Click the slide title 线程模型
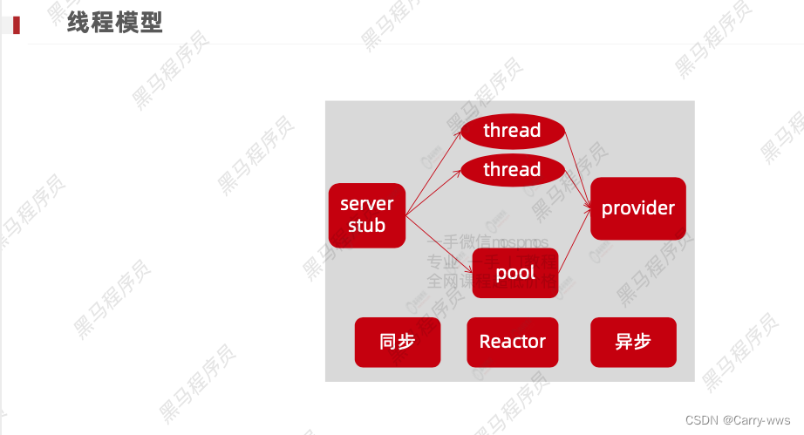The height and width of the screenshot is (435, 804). click(115, 23)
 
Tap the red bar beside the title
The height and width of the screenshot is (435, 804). click(17, 24)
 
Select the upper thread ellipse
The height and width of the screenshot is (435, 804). click(512, 131)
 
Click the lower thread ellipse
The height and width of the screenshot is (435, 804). click(512, 169)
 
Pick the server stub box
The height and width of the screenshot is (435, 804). click(366, 214)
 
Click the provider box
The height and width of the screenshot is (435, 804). click(637, 208)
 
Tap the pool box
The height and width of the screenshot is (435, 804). click(514, 273)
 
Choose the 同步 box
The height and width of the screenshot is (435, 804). click(397, 342)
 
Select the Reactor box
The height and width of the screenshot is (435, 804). click(512, 342)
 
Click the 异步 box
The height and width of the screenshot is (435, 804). click(633, 342)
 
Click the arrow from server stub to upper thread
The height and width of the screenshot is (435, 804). click(433, 171)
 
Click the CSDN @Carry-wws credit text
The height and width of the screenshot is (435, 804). click(738, 420)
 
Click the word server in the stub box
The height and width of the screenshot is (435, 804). click(366, 204)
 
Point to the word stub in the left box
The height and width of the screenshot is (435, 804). click(366, 226)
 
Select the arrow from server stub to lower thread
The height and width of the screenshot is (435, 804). click(433, 191)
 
